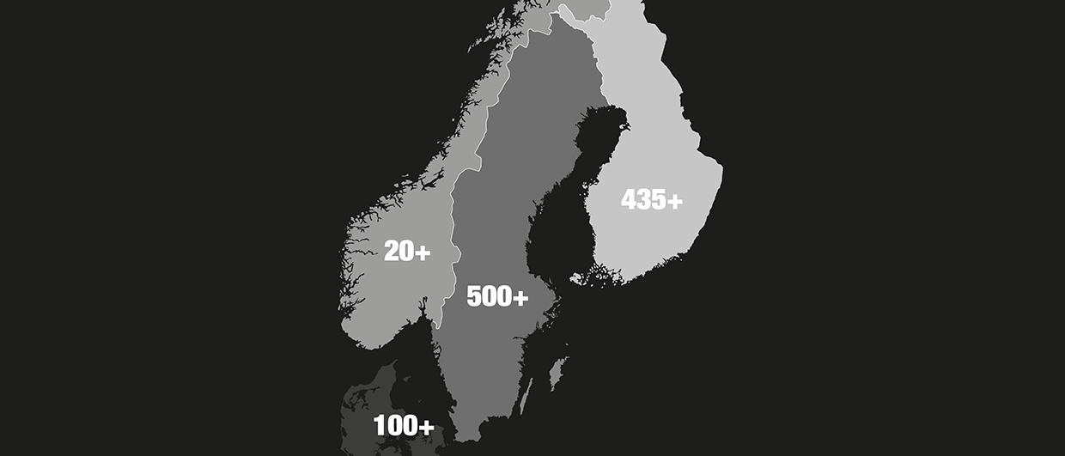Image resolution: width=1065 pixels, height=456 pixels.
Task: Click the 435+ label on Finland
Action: click(x=652, y=200)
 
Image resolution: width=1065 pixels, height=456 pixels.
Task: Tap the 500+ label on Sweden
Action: click(x=497, y=297)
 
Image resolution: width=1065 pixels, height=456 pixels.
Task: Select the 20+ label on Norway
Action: click(x=407, y=252)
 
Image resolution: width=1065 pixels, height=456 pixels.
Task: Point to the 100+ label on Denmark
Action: click(x=404, y=426)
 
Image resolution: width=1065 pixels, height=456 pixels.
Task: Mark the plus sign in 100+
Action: click(x=424, y=427)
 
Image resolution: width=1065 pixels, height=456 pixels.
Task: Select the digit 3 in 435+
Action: click(x=644, y=200)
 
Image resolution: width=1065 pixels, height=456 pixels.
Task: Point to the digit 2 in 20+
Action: click(x=392, y=252)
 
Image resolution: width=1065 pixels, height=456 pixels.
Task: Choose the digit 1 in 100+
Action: click(x=379, y=426)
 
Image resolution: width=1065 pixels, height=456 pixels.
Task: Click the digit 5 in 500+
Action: click(x=474, y=297)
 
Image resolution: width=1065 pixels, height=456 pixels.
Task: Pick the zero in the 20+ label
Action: click(x=406, y=252)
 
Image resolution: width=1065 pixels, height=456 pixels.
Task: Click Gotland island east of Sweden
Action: click(x=557, y=372)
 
